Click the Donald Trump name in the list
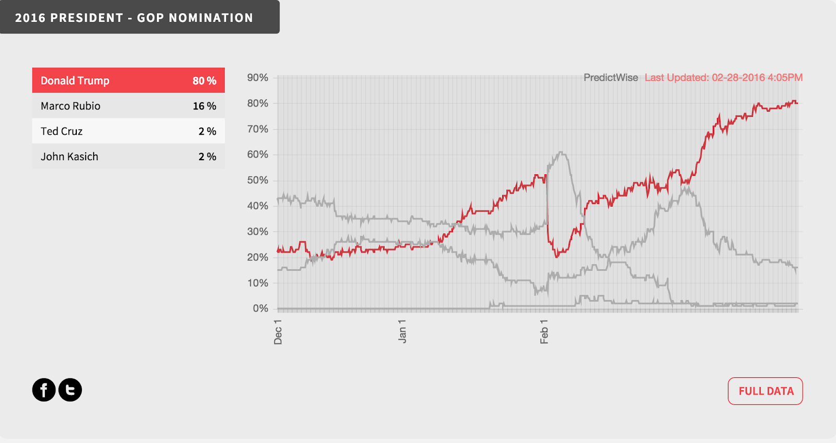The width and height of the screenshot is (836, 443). point(75,81)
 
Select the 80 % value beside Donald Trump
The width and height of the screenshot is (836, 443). point(204,81)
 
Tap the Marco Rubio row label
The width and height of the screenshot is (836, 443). point(71,106)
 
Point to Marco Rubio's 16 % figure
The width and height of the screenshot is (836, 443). point(204,106)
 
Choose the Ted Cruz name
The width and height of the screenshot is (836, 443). point(62,131)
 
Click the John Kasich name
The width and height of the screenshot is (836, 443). point(69,157)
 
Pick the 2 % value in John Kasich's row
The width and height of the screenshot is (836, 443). point(207,157)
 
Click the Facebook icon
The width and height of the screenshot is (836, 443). point(44,390)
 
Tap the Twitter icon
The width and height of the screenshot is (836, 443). point(70,390)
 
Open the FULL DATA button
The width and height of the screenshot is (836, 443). point(765,391)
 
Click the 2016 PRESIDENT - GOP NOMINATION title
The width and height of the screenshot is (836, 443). point(134,18)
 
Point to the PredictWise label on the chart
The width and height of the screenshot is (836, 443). point(611,78)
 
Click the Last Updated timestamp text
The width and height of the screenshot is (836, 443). point(724,78)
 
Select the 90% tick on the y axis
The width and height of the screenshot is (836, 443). point(258,78)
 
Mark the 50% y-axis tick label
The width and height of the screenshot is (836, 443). point(258,180)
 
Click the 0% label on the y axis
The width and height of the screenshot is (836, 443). point(260,308)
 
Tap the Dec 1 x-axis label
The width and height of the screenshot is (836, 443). point(278,332)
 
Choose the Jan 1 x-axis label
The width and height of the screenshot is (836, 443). point(402,331)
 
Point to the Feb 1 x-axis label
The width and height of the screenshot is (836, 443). point(544,332)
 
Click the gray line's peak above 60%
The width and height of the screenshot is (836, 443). point(560,152)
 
